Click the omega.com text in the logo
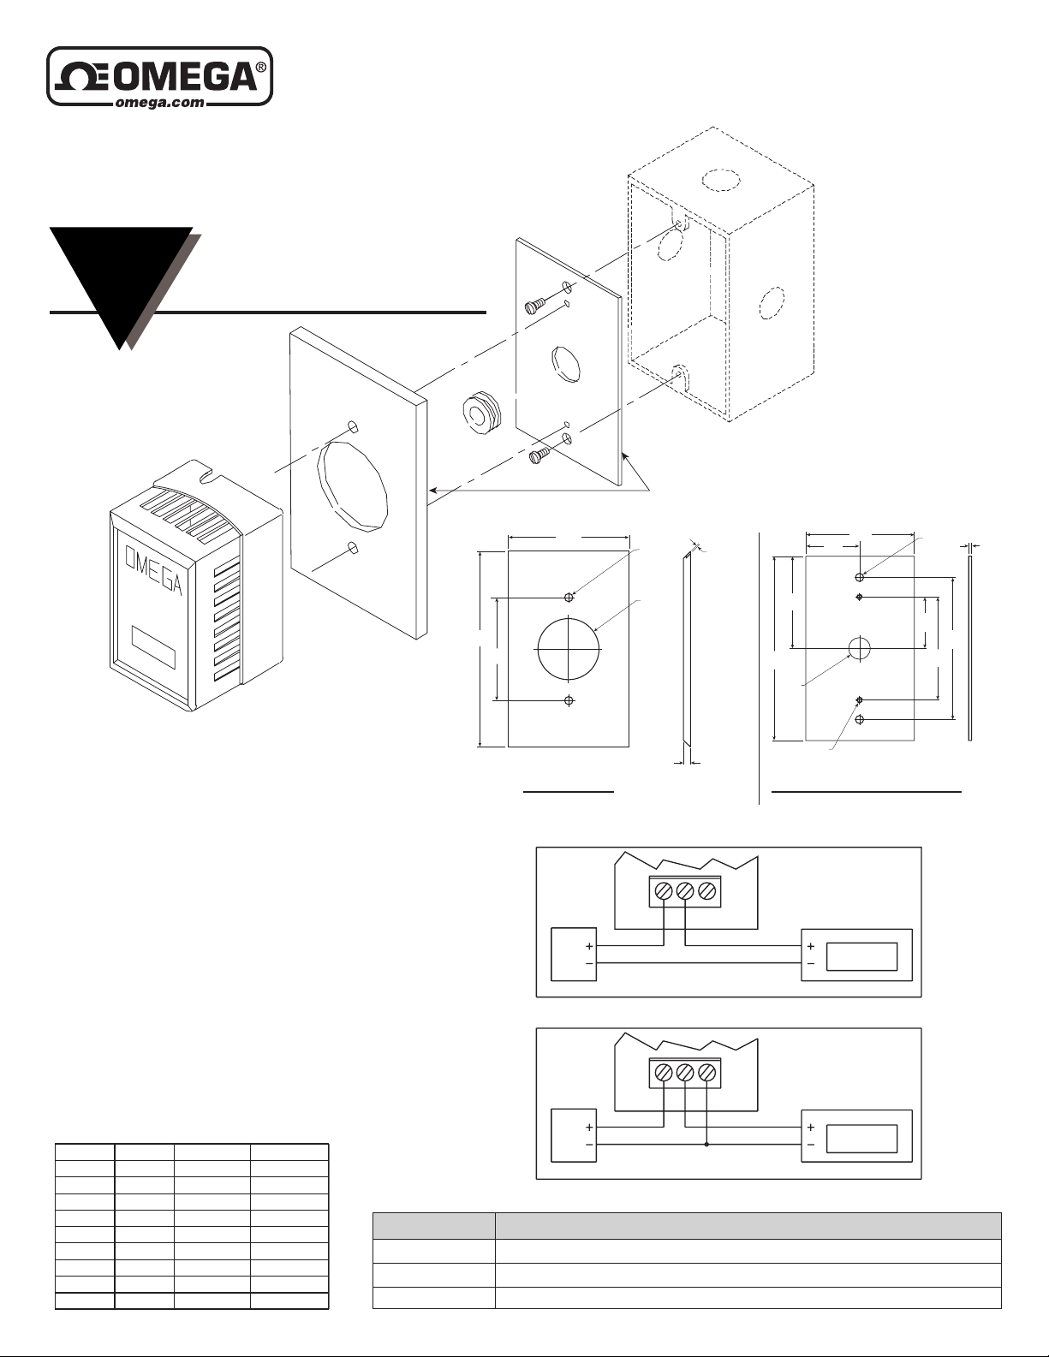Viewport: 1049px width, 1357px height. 160,103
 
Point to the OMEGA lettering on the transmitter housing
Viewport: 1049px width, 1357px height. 153,570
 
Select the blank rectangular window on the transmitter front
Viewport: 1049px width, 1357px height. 153,647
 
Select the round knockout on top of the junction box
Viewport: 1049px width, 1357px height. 721,180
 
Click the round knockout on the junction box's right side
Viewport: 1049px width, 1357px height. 772,303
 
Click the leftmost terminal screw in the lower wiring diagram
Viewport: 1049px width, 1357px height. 664,1073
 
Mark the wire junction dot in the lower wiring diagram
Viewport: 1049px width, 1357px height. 706,1145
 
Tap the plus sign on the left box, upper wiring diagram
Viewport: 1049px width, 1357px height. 589,947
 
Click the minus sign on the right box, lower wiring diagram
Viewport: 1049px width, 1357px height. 810,1145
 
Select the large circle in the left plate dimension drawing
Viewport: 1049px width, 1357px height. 569,650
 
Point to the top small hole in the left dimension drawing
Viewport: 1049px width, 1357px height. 569,598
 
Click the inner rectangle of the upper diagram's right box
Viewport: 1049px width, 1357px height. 861,956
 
